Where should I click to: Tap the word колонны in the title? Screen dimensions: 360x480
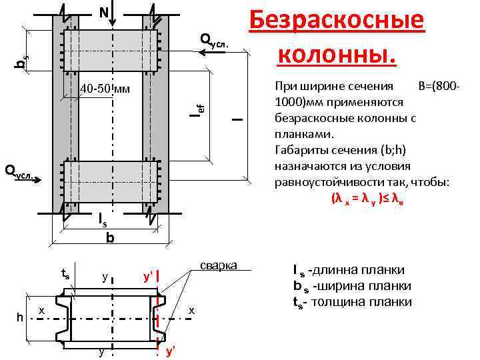pos(337,51)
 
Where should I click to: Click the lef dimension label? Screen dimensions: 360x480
pos(197,107)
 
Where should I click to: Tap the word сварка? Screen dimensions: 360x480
pos(218,265)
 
